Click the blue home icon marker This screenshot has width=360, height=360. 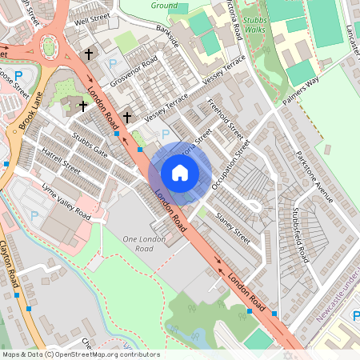pyautogui.click(x=180, y=173)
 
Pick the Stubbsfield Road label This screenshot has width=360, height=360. pyautogui.click(x=300, y=235)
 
